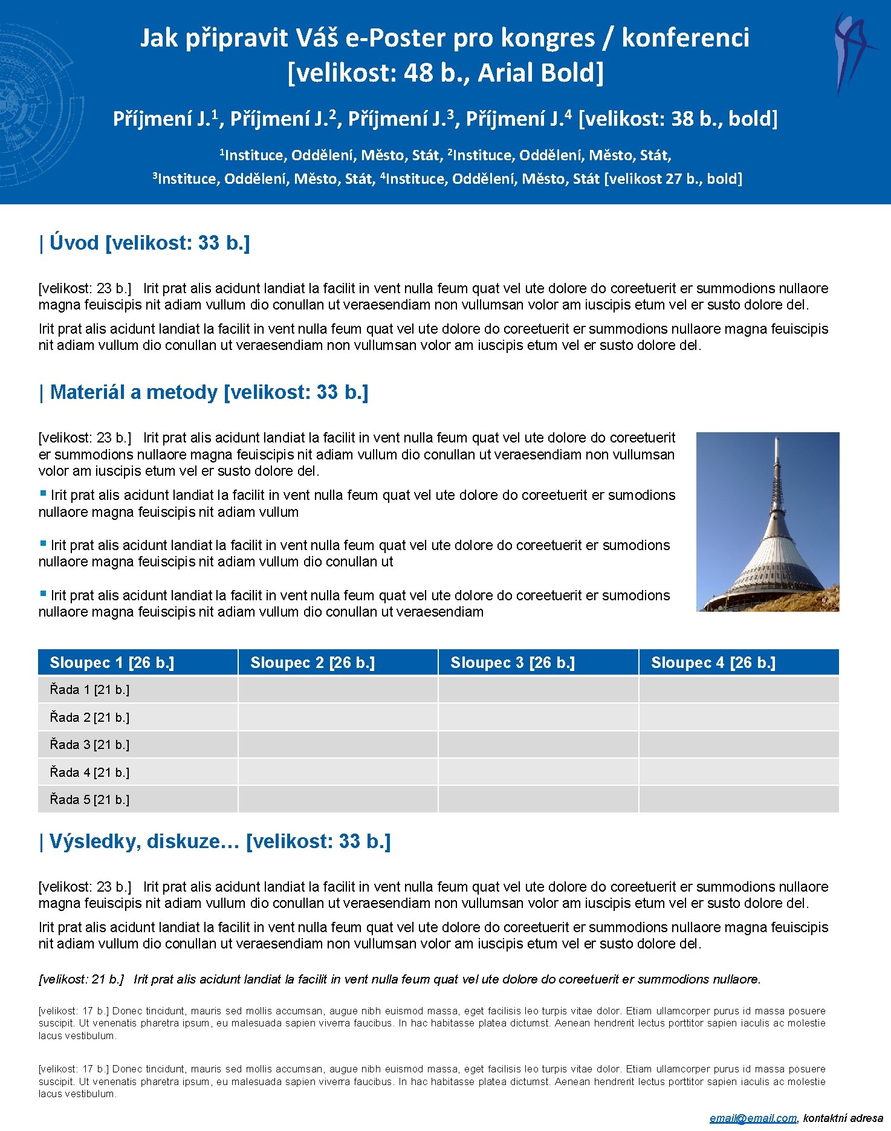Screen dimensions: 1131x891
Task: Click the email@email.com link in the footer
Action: (753, 1118)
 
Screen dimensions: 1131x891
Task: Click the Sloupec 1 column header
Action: (112, 663)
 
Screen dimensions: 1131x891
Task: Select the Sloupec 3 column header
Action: (513, 663)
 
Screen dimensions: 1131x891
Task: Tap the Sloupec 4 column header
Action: (713, 663)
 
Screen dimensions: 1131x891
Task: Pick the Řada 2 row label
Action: (89, 718)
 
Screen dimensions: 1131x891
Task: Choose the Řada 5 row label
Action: (89, 800)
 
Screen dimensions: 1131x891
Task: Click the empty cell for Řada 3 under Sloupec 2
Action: (338, 745)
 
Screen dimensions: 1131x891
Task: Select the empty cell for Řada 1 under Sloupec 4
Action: (739, 690)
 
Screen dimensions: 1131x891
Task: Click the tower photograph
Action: (768, 522)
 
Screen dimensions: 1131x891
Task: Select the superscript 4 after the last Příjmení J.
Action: (568, 113)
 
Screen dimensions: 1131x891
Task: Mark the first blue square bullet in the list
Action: (43, 493)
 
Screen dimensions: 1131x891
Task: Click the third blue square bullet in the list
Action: (43, 594)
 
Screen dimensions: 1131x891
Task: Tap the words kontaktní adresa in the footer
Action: (843, 1118)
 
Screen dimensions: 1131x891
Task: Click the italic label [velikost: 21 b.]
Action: (81, 979)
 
